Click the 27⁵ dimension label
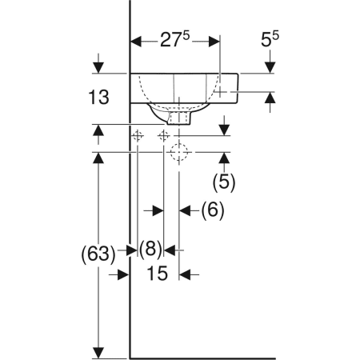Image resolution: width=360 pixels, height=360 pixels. coord(174,39)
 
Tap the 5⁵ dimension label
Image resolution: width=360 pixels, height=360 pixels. coord(270,39)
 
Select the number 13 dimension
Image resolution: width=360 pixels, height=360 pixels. coord(98,97)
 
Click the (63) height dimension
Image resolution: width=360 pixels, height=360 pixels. coord(98,254)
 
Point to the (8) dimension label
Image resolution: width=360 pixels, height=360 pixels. coord(150,249)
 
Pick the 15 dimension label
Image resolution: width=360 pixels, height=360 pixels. coord(158,274)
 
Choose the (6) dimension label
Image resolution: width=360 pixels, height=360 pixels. coord(213,210)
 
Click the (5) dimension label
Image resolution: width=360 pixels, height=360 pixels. coord(224,182)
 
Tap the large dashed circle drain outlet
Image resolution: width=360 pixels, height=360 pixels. coord(179,152)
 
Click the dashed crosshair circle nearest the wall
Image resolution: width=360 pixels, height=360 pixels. coord(137,136)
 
